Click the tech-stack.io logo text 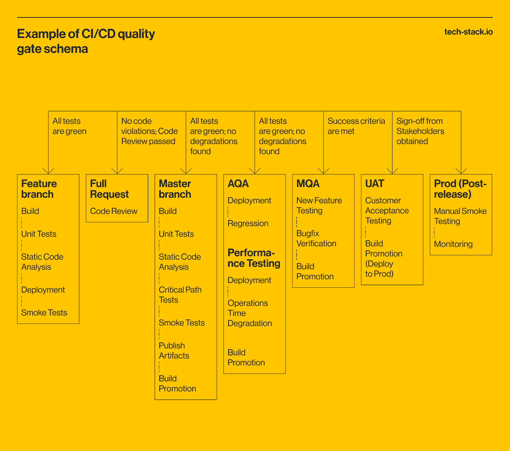[x=468, y=32]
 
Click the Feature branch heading [x=39, y=189]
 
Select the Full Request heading [x=109, y=189]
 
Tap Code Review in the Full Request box [x=113, y=211]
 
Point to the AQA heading [x=238, y=184]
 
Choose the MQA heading [x=308, y=184]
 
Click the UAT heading [x=375, y=184]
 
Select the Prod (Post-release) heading [x=460, y=189]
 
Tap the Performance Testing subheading [x=254, y=258]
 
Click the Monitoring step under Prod [x=453, y=244]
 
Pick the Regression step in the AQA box [x=248, y=223]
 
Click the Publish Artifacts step [x=174, y=351]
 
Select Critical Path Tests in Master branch [x=180, y=295]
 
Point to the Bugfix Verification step [x=316, y=238]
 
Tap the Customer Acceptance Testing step [x=387, y=211]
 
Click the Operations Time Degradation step [x=250, y=313]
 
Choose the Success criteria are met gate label [x=356, y=126]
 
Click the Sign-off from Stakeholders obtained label [x=420, y=131]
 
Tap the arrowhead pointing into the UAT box [x=392, y=171]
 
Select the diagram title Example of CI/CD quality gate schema [x=86, y=41]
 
